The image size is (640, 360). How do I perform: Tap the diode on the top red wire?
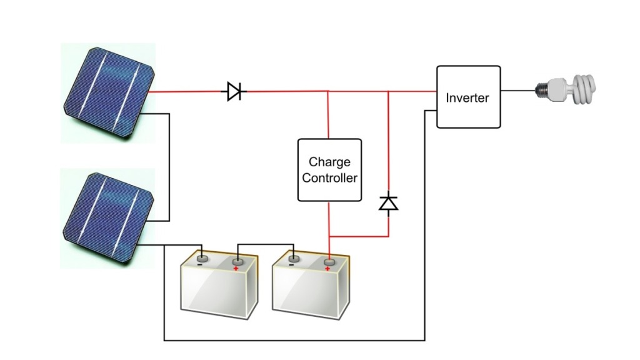coord(234,92)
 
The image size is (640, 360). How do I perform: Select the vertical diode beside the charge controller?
coord(389,203)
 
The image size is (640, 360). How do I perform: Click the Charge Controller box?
coord(329,170)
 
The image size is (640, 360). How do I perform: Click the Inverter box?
coord(468,97)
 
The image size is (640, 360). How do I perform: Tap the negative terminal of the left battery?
coord(202,257)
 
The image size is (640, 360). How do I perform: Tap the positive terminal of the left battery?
coord(237,261)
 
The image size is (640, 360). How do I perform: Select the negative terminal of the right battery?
coord(292,257)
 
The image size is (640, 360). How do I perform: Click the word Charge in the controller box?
coord(329,162)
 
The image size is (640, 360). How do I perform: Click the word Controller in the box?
coord(329,178)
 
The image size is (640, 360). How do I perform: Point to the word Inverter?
coord(467,98)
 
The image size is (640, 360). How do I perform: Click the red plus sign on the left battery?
coord(236,269)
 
